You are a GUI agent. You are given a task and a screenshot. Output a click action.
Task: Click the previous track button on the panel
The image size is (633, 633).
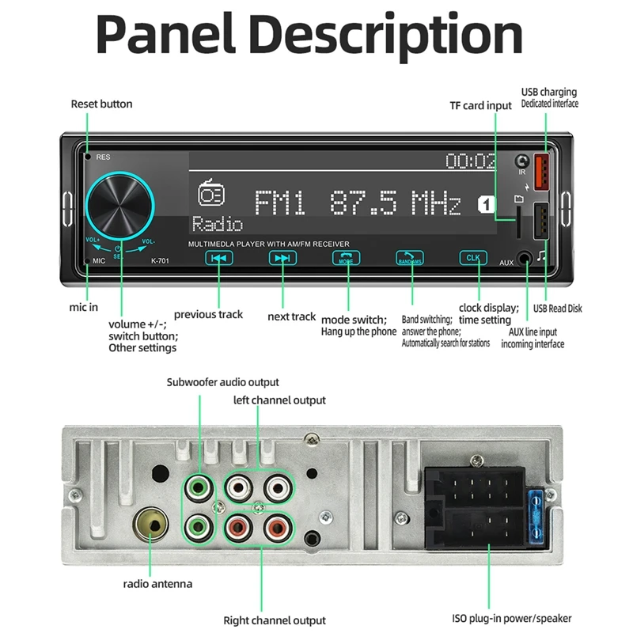coord(219,258)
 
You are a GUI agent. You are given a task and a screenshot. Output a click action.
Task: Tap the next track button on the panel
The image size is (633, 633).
coord(281,258)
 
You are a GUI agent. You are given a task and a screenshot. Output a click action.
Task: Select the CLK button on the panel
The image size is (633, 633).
coord(473,258)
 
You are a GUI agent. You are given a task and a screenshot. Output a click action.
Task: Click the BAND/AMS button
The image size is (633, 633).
coord(410,258)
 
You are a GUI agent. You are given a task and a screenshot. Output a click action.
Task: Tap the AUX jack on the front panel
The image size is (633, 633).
coord(525,260)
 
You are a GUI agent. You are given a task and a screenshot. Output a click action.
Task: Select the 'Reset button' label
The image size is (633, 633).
coord(101,104)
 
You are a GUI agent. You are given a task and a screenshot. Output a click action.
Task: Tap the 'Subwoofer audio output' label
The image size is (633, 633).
coord(222,382)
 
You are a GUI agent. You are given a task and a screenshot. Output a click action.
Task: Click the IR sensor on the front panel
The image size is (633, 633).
coord(522,161)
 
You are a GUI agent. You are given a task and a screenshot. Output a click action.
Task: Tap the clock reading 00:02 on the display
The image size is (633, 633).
coord(470,161)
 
